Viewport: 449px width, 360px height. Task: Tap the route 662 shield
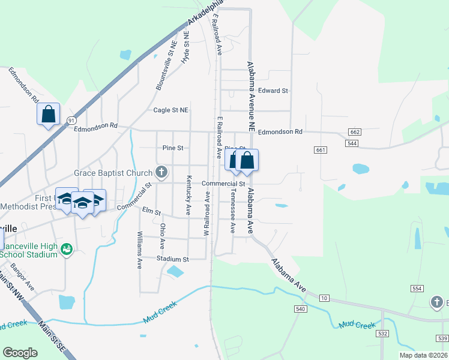point(354,132)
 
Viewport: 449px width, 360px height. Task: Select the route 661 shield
point(319,150)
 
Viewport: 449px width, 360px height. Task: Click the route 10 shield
point(324,298)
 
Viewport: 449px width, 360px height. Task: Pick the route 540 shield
point(301,308)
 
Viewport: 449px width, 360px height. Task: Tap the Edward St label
point(273,91)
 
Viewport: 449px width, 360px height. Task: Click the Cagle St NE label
point(170,110)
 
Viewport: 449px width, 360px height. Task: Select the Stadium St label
point(173,259)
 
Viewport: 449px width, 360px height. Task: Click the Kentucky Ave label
point(188,196)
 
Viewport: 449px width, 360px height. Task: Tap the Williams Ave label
point(139,250)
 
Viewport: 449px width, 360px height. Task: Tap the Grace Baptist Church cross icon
point(161,173)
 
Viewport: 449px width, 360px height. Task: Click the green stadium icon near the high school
point(67,248)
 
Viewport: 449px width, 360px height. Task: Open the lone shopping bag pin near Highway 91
point(48,113)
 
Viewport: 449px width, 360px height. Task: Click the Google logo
point(20,353)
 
